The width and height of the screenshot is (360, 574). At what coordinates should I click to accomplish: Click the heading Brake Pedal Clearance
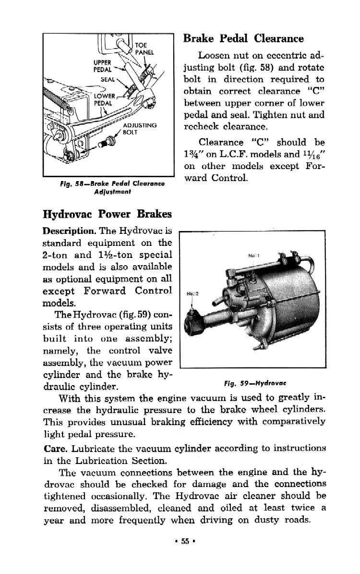pos(244,38)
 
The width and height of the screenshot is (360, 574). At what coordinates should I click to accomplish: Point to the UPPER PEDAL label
pos(102,66)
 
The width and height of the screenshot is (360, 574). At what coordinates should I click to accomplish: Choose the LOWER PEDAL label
pos(103,99)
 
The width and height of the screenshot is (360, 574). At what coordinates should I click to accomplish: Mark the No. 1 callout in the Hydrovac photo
pos(253,255)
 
